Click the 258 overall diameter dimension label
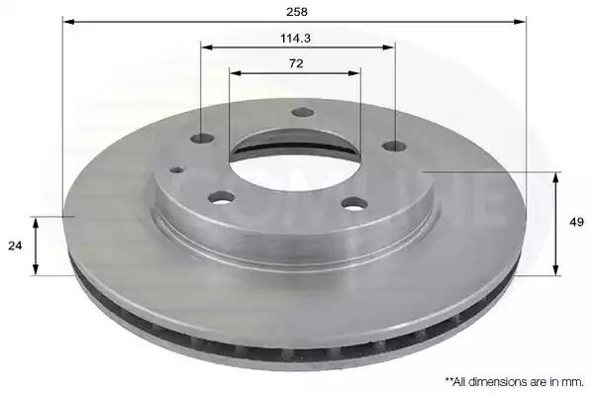click(x=297, y=12)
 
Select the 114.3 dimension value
click(x=296, y=39)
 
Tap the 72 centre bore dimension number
click(x=296, y=63)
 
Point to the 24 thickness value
click(x=15, y=246)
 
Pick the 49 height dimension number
click(x=576, y=222)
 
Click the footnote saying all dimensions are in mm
click(x=515, y=382)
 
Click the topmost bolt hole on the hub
click(x=303, y=112)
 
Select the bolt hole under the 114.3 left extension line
click(x=202, y=139)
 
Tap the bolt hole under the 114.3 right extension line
click(x=395, y=146)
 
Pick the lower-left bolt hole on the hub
click(x=221, y=197)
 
